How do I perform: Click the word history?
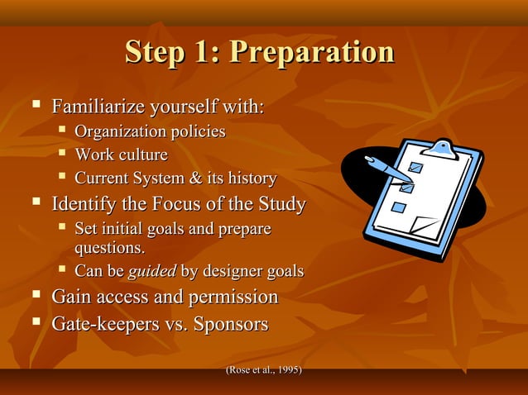(x=250, y=178)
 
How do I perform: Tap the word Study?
(x=278, y=203)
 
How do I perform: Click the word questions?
(x=109, y=247)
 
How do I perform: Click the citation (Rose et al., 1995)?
(x=263, y=369)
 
